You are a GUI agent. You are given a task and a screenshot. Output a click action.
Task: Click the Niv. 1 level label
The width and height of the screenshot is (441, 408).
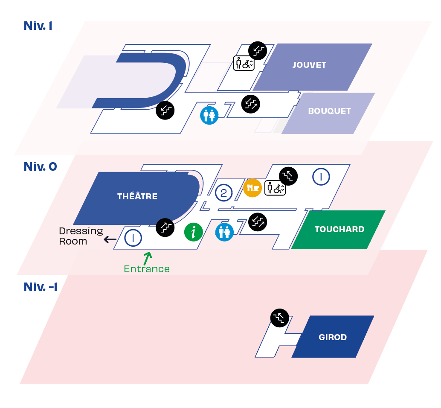[38, 26]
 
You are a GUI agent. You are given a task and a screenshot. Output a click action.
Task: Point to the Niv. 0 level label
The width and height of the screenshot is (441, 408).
[40, 166]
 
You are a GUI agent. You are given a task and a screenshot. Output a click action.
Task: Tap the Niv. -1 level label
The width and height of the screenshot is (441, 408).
[41, 287]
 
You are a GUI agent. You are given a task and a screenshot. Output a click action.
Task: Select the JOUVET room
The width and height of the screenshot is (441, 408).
[309, 65]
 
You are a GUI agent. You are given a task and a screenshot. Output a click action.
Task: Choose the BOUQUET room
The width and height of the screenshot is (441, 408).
[329, 111]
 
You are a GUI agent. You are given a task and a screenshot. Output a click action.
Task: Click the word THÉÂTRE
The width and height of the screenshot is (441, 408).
[137, 197]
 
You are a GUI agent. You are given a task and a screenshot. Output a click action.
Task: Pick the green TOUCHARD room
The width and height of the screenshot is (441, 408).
[339, 230]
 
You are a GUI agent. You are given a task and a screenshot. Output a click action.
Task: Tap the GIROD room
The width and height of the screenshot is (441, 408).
[333, 338]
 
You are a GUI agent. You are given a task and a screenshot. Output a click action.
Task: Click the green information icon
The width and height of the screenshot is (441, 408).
[193, 232]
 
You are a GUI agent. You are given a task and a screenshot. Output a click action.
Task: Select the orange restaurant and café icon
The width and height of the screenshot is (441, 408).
[252, 188]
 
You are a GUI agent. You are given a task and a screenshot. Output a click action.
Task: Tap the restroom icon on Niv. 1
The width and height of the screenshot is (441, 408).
[209, 115]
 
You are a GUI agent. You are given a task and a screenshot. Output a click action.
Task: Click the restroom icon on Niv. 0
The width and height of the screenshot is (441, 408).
[224, 232]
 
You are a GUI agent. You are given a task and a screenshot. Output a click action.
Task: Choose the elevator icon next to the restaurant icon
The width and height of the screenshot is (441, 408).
[275, 188]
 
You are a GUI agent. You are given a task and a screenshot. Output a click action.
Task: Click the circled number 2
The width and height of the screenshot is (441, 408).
[223, 193]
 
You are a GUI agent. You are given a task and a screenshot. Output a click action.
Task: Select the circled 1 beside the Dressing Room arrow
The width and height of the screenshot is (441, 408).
[133, 238]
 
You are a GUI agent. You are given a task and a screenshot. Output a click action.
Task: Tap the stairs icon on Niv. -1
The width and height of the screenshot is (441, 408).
[280, 318]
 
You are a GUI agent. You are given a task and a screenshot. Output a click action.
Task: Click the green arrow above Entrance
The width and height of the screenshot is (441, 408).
[148, 257]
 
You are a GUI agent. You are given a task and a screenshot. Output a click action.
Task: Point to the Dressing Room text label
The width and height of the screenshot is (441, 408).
[81, 236]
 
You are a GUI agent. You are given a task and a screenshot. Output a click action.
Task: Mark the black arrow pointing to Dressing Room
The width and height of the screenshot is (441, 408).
[110, 239]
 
